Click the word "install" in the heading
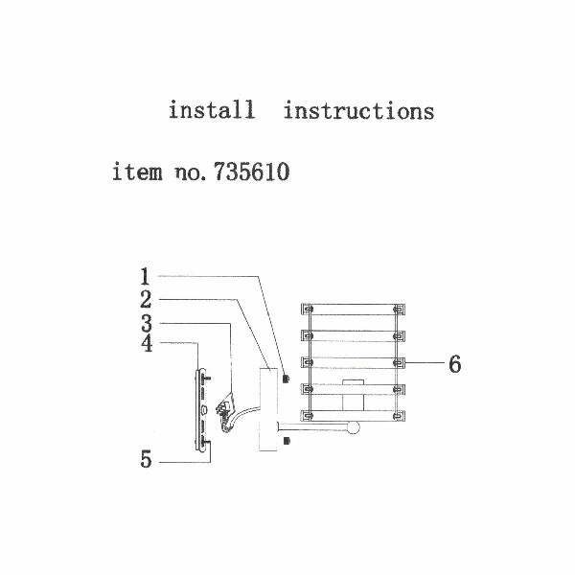(x=212, y=110)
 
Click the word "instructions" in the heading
(x=358, y=110)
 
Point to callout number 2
(x=144, y=300)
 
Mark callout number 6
(x=455, y=364)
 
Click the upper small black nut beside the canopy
(x=287, y=379)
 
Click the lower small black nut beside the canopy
(x=287, y=442)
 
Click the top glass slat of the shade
(x=351, y=309)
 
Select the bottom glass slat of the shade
(x=351, y=415)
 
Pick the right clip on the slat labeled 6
(x=398, y=363)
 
